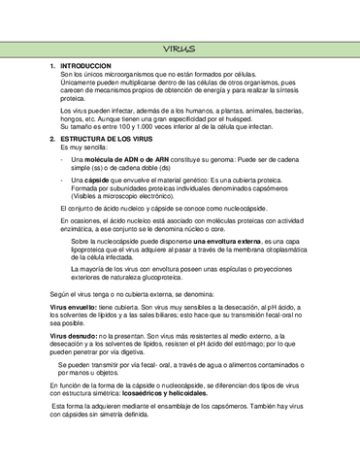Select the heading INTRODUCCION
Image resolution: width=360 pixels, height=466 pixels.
coord(87,65)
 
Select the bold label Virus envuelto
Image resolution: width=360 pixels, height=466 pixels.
coord(73,306)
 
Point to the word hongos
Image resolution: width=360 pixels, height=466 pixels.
coord(72,119)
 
